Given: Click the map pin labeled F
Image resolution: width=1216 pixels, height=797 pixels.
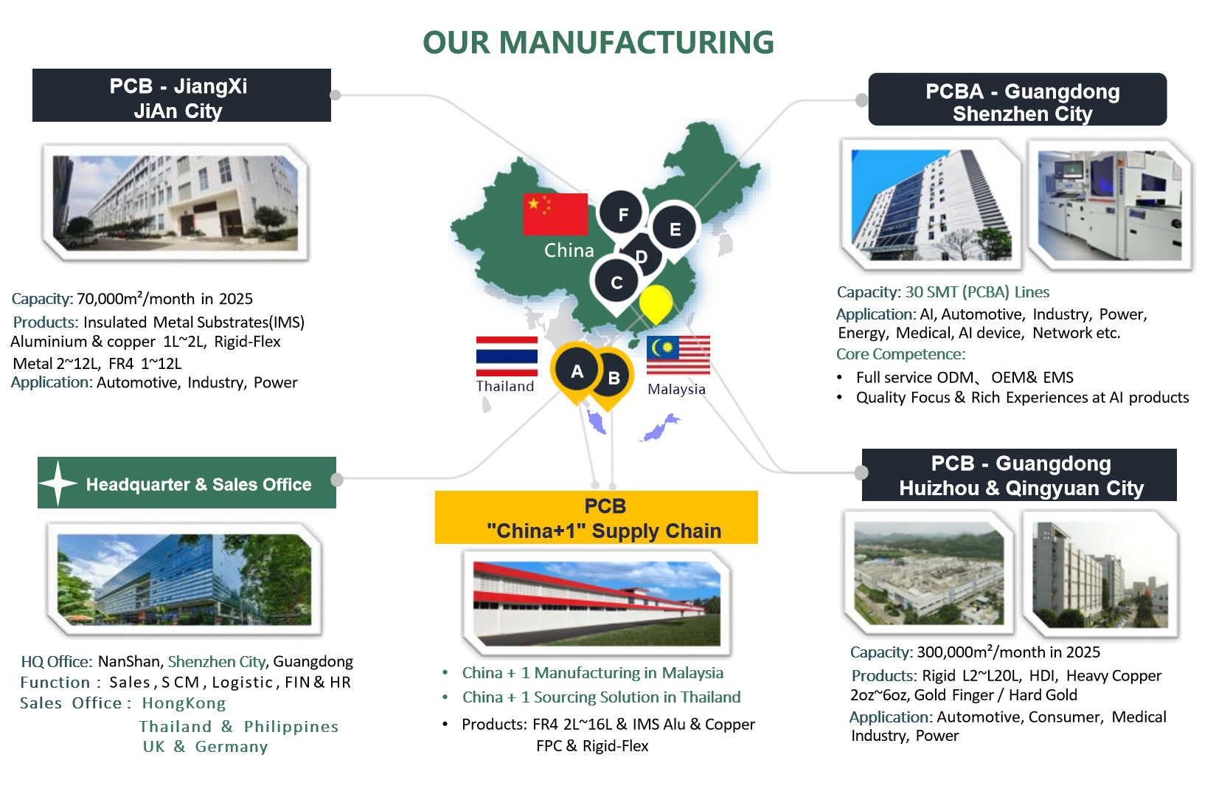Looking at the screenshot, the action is [621, 213].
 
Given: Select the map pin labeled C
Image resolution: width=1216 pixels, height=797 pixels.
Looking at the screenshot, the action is [616, 283].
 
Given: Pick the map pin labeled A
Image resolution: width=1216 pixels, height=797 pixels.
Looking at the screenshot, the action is [576, 371].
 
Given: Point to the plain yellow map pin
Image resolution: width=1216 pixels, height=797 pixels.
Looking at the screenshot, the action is [656, 302].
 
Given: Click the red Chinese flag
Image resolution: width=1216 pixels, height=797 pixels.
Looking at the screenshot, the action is [555, 214].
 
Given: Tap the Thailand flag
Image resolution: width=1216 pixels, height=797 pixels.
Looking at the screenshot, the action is [507, 356].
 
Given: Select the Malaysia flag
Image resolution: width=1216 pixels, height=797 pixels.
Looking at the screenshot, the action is [678, 355].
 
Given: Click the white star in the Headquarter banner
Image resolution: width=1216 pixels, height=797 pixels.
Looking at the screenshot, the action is [58, 483].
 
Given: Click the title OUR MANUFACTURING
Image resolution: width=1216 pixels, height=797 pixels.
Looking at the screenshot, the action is [598, 42].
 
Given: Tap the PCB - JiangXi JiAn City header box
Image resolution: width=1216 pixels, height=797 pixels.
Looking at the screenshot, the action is [181, 95].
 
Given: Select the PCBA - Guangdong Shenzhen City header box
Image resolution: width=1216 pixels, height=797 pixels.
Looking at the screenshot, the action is [1018, 100].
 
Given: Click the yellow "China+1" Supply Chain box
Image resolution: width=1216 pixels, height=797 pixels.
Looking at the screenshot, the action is [596, 517].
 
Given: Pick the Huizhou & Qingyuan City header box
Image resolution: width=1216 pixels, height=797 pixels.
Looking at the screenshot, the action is [1019, 475].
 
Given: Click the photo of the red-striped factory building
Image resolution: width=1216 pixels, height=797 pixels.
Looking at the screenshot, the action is [597, 604].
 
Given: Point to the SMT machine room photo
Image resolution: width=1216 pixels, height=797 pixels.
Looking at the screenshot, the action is [1110, 205].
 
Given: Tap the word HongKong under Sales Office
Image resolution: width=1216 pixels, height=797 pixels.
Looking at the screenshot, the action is [184, 703].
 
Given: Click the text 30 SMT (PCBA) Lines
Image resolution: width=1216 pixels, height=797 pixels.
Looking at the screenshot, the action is [977, 292].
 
